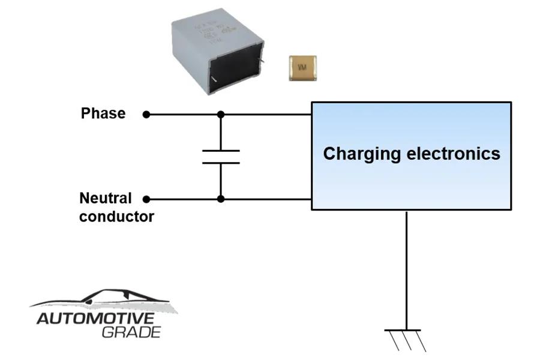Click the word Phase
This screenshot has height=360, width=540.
click(103, 113)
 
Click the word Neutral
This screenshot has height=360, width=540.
click(106, 198)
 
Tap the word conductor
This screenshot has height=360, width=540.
click(116, 217)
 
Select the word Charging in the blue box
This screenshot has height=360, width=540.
click(362, 154)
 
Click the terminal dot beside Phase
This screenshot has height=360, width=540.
click(146, 114)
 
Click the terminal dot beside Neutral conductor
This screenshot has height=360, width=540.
click(146, 199)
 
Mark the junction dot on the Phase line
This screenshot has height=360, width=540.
click(221, 114)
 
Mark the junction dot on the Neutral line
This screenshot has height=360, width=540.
click(221, 199)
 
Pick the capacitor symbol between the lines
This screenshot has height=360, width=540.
click(221, 157)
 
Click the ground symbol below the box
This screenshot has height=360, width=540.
click(406, 339)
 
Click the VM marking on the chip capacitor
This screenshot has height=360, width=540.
click(302, 68)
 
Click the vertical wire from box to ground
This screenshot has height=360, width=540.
click(406, 270)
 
